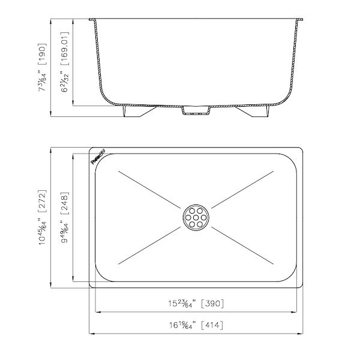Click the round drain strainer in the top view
click(196, 217)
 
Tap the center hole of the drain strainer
click(196, 217)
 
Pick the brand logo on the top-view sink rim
click(97, 157)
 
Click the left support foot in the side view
click(135, 112)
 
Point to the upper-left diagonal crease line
click(150, 190)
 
